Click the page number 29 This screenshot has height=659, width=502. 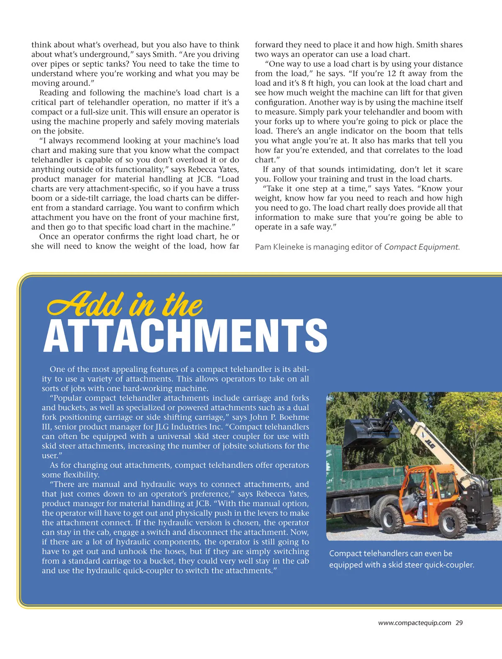coord(459,623)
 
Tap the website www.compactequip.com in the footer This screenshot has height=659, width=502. coord(415,623)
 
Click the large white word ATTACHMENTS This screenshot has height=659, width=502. coord(185,336)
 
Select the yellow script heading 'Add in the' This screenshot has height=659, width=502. coord(125,304)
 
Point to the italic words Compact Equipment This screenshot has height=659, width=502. coord(421,247)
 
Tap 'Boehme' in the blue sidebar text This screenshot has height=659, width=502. coord(294,417)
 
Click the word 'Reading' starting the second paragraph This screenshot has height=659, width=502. coord(55,93)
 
